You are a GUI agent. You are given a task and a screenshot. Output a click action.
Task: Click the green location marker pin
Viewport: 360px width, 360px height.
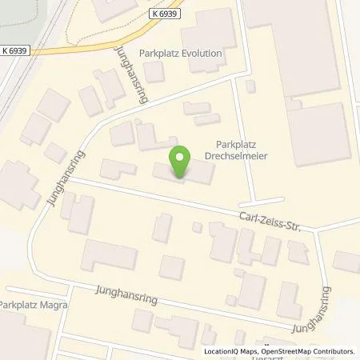[x=182, y=162]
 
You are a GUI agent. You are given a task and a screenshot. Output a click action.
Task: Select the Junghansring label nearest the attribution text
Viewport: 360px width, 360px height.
[x=313, y=313]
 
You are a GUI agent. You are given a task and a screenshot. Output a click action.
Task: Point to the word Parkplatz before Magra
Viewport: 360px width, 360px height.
[x=17, y=306]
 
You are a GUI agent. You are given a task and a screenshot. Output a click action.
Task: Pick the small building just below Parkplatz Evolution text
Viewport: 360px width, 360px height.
[x=154, y=71]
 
